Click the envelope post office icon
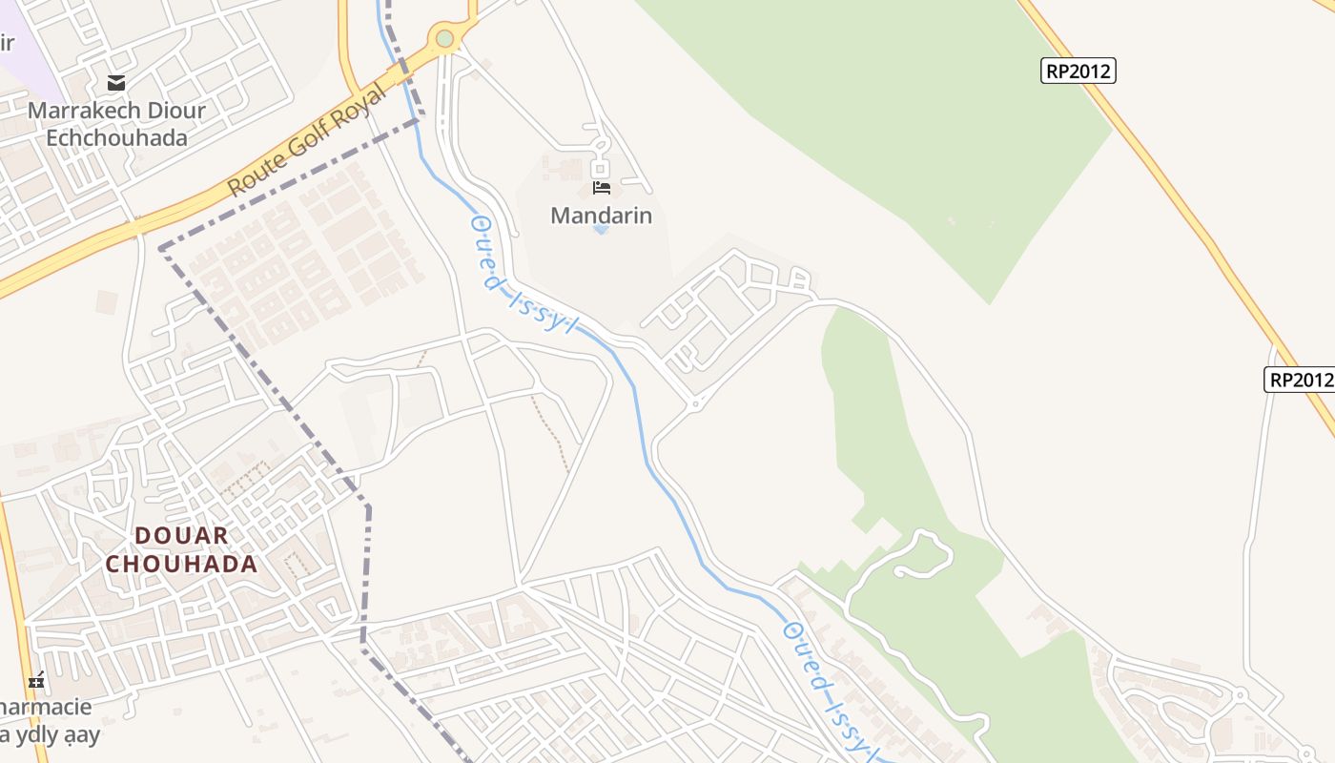tap(116, 83)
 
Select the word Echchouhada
tap(116, 137)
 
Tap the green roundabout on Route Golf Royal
tap(444, 38)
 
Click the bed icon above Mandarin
tap(601, 187)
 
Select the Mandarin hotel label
tap(601, 216)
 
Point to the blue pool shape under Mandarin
tap(601, 230)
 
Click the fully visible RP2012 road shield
tap(1078, 71)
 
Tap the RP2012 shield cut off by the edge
tap(1300, 380)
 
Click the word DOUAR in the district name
tap(182, 535)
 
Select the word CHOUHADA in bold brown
tap(181, 564)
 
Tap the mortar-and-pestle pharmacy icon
tap(36, 681)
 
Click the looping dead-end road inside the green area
tap(921, 554)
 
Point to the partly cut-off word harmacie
tap(46, 708)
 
